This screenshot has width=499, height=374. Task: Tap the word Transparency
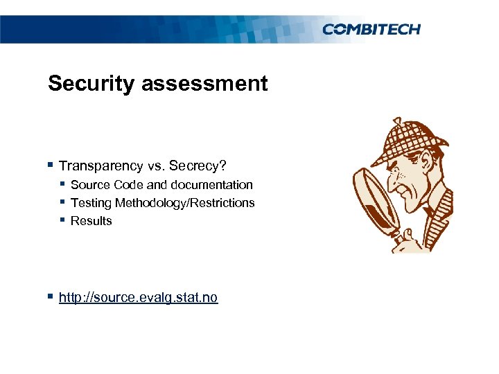(x=101, y=166)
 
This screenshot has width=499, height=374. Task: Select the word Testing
(x=91, y=203)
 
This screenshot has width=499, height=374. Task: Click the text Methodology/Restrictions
(x=185, y=203)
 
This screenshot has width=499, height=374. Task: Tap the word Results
(x=91, y=221)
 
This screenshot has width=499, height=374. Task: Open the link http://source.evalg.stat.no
(x=138, y=298)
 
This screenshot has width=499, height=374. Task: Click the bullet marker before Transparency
(x=52, y=166)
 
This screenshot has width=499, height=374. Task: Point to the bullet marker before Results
(x=63, y=220)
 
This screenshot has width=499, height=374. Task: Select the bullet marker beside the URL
(x=52, y=297)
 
